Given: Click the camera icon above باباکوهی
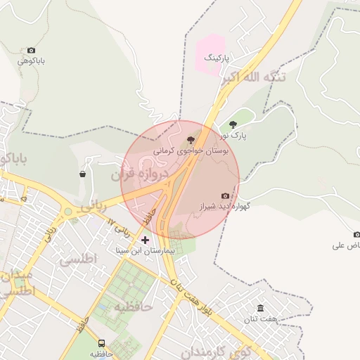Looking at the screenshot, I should [x=31, y=51].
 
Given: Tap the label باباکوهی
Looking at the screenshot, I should [x=32, y=61].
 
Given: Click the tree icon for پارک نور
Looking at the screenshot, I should [x=233, y=124].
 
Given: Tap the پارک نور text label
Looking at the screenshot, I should [x=233, y=135].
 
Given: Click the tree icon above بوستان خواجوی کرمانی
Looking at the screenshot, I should [x=191, y=140].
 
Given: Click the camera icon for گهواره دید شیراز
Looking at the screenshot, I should [x=225, y=195].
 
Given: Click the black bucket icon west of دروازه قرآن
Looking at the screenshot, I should [x=83, y=174].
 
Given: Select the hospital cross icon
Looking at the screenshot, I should [x=146, y=240].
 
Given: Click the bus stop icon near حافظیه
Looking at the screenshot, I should [x=102, y=343].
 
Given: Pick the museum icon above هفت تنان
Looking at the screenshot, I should [x=261, y=308].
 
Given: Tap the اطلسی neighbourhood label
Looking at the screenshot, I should [x=77, y=259].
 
